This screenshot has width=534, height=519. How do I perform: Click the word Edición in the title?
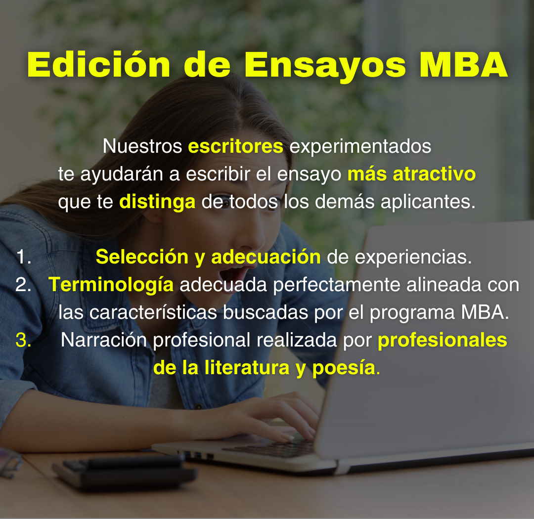pos(99,65)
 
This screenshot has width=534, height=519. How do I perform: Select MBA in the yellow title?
pos(464,65)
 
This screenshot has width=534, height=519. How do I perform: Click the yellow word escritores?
pos(236,146)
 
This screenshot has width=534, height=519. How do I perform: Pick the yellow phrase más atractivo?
pos(411,174)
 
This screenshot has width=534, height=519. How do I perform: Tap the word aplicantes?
pos(428,202)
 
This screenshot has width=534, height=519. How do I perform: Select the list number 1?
pos(23,257)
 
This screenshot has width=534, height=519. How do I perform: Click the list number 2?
pos(23,285)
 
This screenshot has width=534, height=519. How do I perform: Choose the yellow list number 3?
pos(23,340)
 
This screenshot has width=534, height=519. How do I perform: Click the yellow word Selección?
pos(142,257)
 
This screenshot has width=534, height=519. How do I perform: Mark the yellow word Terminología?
pos(111,285)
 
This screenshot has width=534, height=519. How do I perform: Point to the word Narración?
pos(104,340)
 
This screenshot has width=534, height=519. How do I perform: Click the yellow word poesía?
pos(344,368)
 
